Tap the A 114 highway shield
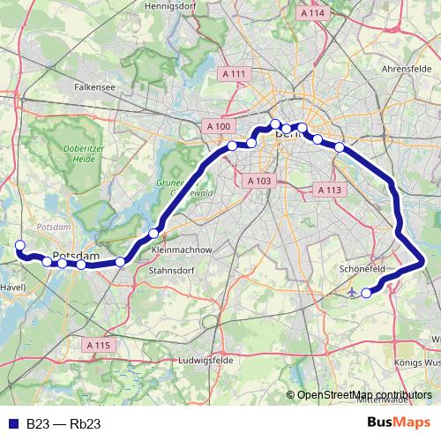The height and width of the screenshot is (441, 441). pos(312,13)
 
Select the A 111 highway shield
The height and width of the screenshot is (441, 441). pos(235,74)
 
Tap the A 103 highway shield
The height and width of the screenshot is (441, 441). pos(258,181)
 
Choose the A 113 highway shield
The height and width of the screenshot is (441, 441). pos(328,191)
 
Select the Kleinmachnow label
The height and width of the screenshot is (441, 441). pos(182,250)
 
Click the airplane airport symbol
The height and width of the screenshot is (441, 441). pos(354,291)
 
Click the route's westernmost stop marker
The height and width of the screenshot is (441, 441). pos(19,245)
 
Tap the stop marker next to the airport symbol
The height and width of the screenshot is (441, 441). pos(367,292)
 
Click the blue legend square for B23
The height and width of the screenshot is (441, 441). pos(12,424)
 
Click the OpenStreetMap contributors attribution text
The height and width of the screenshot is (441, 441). pos(364,395)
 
